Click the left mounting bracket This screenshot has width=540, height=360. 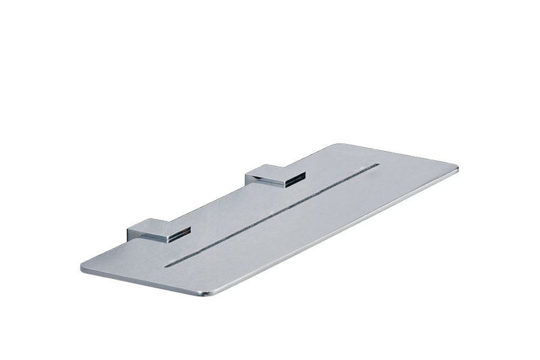point(159,231)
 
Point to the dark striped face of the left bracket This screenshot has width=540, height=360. point(179,235)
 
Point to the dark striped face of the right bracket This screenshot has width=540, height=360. point(295,179)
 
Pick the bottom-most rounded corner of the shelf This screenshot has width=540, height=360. point(207,293)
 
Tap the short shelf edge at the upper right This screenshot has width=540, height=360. point(399,155)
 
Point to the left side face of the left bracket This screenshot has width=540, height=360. point(133,233)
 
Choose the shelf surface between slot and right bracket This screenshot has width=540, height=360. point(312,180)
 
